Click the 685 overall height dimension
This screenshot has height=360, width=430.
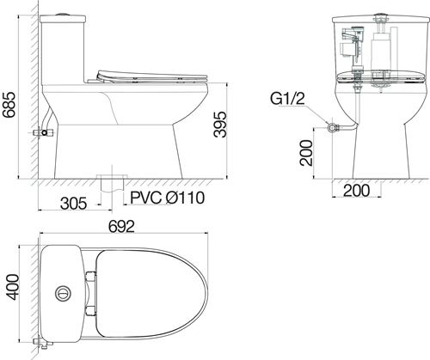pyautogui.click(x=9, y=95)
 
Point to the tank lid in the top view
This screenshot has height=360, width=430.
pyautogui.click(x=62, y=292)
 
